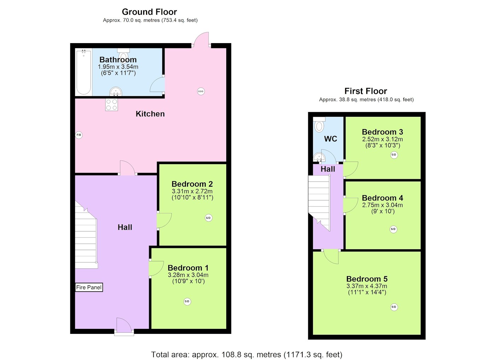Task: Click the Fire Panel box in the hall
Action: click(89, 287)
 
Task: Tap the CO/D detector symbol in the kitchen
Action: click(201, 91)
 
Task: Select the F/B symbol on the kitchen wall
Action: click(78, 135)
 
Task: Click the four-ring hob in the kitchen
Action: click(112, 105)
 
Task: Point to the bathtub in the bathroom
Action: click(84, 72)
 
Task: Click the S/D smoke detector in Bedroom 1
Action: click(187, 301)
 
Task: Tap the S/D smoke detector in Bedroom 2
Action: click(208, 218)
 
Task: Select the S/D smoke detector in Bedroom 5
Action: click(394, 307)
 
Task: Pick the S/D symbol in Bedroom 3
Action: click(394, 155)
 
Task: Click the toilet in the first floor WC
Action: click(319, 124)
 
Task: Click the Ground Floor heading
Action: click(149, 12)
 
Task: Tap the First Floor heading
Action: click(366, 91)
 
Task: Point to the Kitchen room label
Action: click(150, 114)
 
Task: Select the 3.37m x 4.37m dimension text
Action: click(367, 286)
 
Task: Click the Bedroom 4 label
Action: click(383, 198)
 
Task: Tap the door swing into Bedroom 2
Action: click(164, 220)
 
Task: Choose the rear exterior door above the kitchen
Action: click(201, 39)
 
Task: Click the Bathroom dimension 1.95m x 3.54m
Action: click(118, 66)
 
